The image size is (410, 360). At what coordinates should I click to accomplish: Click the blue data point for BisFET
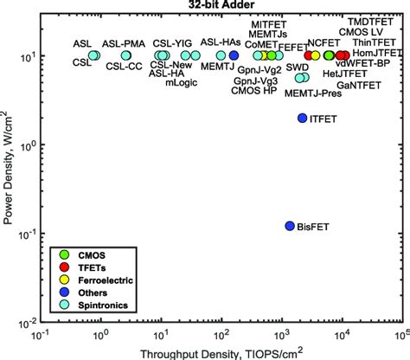(290, 226)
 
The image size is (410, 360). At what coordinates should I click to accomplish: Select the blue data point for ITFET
(302, 119)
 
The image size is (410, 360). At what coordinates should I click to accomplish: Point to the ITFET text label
(325, 119)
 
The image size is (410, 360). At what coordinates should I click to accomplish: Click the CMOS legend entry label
(93, 255)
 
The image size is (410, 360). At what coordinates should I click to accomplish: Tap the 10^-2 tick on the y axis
(26, 324)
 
